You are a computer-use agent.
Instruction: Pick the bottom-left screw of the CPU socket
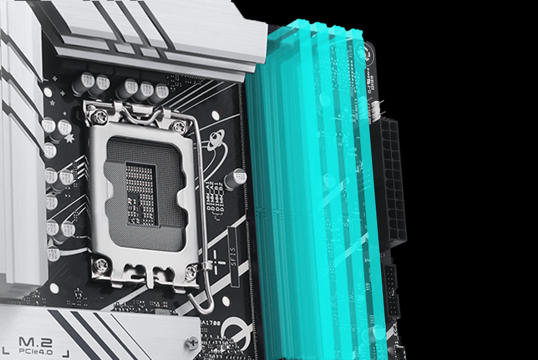click(x=100, y=263)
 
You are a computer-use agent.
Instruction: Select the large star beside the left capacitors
click(x=70, y=138)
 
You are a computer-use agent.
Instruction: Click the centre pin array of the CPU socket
click(x=142, y=195)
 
